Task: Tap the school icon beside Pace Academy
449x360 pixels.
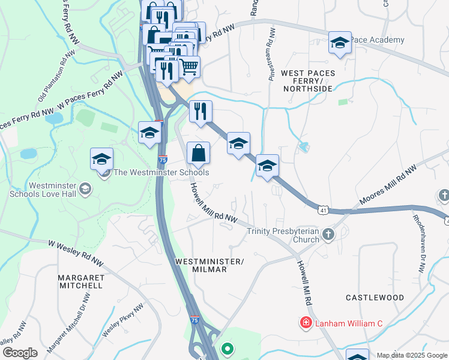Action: coord(340,43)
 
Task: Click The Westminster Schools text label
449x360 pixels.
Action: coord(161,173)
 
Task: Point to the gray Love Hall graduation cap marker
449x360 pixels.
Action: coord(85,189)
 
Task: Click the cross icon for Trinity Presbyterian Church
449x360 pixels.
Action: coord(328,233)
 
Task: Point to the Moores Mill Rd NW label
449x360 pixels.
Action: coord(388,185)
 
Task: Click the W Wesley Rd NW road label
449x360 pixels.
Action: coord(76,254)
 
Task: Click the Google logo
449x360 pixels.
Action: coord(20,353)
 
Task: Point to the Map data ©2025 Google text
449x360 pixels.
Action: coord(411,355)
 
